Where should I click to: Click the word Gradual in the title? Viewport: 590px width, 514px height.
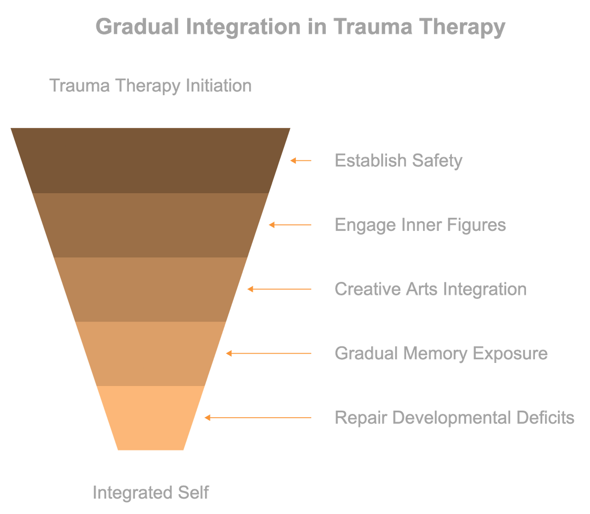pyautogui.click(x=137, y=27)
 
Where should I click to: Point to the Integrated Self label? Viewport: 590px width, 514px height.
pyautogui.click(x=151, y=492)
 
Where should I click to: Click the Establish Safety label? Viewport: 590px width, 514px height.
pyautogui.click(x=398, y=160)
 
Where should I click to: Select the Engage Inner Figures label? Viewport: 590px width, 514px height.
pyautogui.click(x=420, y=225)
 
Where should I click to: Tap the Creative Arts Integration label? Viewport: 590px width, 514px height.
pyautogui.click(x=430, y=289)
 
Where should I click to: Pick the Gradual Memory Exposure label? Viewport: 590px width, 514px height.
pyautogui.click(x=441, y=353)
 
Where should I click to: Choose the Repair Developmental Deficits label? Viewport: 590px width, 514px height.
pyautogui.click(x=454, y=417)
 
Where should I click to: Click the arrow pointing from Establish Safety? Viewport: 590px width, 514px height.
pyautogui.click(x=301, y=161)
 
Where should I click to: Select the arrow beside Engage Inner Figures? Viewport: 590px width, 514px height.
pyautogui.click(x=290, y=225)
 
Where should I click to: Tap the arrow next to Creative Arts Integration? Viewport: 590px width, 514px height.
pyautogui.click(x=279, y=289)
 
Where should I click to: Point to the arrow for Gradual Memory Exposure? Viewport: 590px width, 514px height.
pyautogui.click(x=269, y=353)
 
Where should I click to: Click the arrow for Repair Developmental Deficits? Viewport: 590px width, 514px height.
pyautogui.click(x=258, y=417)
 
